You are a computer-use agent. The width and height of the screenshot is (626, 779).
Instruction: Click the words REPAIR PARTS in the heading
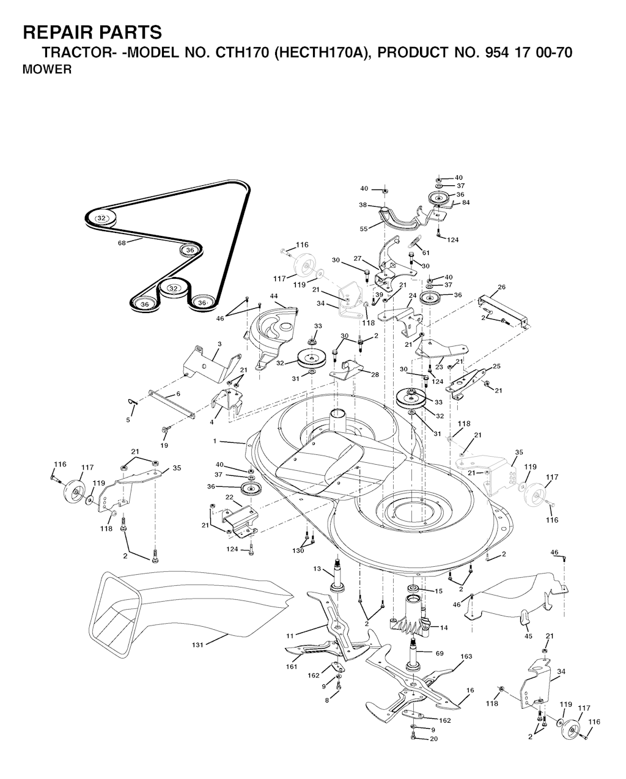coord(92,32)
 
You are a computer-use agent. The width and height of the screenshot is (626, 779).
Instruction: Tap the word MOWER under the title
coord(47,69)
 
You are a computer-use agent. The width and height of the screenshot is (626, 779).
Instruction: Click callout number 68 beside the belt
coord(122,243)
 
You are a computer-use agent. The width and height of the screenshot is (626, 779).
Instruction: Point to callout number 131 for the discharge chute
coord(197,644)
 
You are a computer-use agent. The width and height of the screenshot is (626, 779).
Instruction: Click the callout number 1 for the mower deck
coord(215,441)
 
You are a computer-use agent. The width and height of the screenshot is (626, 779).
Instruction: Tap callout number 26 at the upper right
coord(501,287)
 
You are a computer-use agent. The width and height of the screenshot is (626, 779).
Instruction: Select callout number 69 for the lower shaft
coord(440,654)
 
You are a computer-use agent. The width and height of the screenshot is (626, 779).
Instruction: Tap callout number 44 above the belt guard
coord(274,296)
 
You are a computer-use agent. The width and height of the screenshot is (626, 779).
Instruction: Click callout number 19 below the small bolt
coord(164,446)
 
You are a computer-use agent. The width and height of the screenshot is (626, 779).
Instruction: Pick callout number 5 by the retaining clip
coord(128,420)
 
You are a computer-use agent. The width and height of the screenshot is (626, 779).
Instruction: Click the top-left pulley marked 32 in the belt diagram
coord(101,218)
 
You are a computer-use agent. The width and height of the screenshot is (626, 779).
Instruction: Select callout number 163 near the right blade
coord(466,656)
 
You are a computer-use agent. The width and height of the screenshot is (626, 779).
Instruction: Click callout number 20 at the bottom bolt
coord(434,739)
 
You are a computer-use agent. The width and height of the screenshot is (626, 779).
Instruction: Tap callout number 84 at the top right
coord(466,202)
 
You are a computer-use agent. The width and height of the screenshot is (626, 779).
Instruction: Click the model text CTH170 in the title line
coord(242,53)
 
